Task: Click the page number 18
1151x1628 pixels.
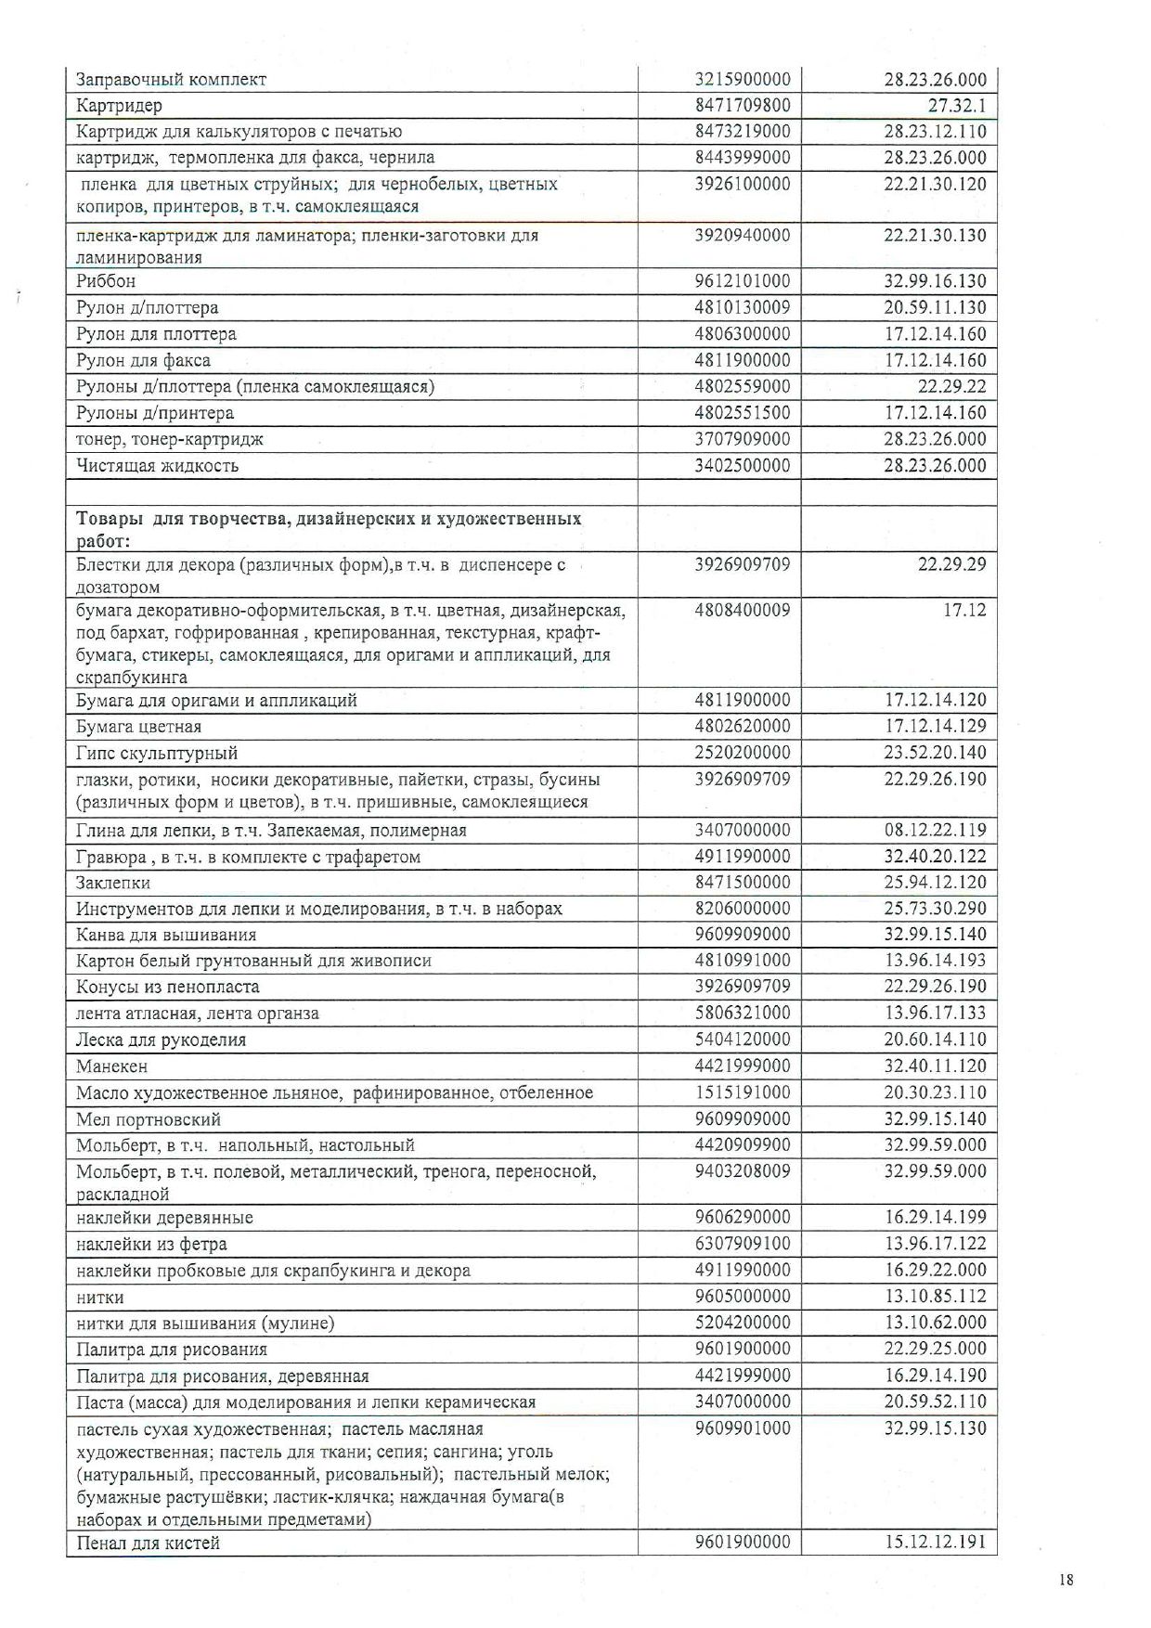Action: tap(1066, 1579)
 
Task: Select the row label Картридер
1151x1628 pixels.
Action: tap(119, 106)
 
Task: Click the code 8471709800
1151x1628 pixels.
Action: tap(742, 106)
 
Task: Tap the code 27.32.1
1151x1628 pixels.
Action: tap(956, 106)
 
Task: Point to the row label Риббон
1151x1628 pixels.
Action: tap(106, 281)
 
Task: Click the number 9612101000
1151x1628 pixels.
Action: tap(742, 281)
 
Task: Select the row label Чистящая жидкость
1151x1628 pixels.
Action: tap(157, 466)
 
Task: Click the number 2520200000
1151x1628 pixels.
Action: tap(742, 753)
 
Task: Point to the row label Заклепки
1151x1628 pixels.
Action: tap(113, 883)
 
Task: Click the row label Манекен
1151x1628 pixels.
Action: tap(111, 1066)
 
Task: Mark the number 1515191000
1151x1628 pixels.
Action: tap(742, 1092)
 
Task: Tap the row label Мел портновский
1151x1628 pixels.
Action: tap(149, 1119)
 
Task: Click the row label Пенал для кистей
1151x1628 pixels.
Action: tap(148, 1544)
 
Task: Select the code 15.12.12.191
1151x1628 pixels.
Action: tap(935, 1543)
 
